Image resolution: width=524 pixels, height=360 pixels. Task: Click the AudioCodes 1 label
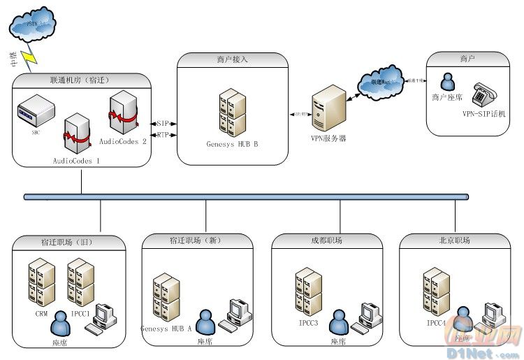click(x=76, y=161)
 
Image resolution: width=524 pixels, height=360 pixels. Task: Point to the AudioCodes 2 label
click(x=123, y=141)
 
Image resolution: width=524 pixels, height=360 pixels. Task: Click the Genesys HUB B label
click(x=232, y=145)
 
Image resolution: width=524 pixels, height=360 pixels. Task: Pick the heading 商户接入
click(x=231, y=61)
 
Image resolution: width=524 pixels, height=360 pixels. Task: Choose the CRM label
click(x=41, y=315)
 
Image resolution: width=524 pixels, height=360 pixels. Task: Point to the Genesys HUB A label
click(x=166, y=329)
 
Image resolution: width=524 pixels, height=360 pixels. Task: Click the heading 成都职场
click(x=327, y=240)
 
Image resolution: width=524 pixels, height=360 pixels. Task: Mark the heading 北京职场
click(x=455, y=240)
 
